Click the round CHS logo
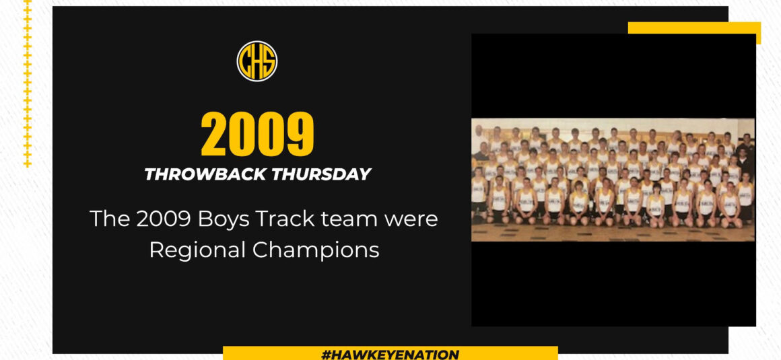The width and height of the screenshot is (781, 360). [x=257, y=61]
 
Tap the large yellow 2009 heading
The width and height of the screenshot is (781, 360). [x=257, y=134]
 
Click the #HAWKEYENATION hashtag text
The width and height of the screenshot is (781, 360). [x=390, y=354]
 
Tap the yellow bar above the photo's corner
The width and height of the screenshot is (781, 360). [x=694, y=28]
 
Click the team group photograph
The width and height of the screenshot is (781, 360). [x=613, y=180]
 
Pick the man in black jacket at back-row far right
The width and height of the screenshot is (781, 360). [x=745, y=144]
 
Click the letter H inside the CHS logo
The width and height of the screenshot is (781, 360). [x=257, y=61]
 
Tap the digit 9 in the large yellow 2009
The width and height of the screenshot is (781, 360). [x=300, y=134]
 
